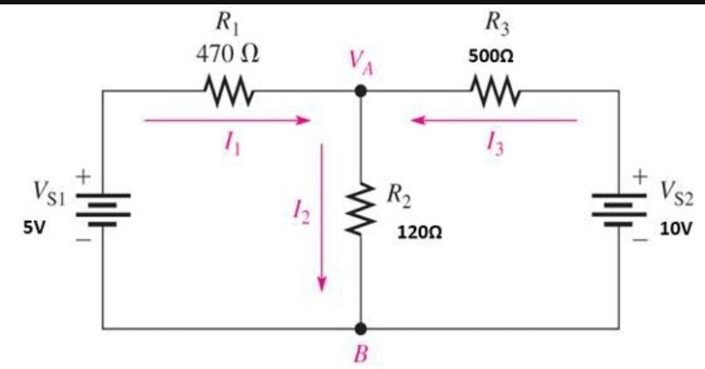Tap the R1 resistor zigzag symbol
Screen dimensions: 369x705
coord(228,90)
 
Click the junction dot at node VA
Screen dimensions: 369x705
coord(360,90)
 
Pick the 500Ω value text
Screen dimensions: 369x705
coord(495,55)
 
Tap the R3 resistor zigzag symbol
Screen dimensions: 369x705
coord(496,90)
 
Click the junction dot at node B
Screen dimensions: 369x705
coord(360,329)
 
